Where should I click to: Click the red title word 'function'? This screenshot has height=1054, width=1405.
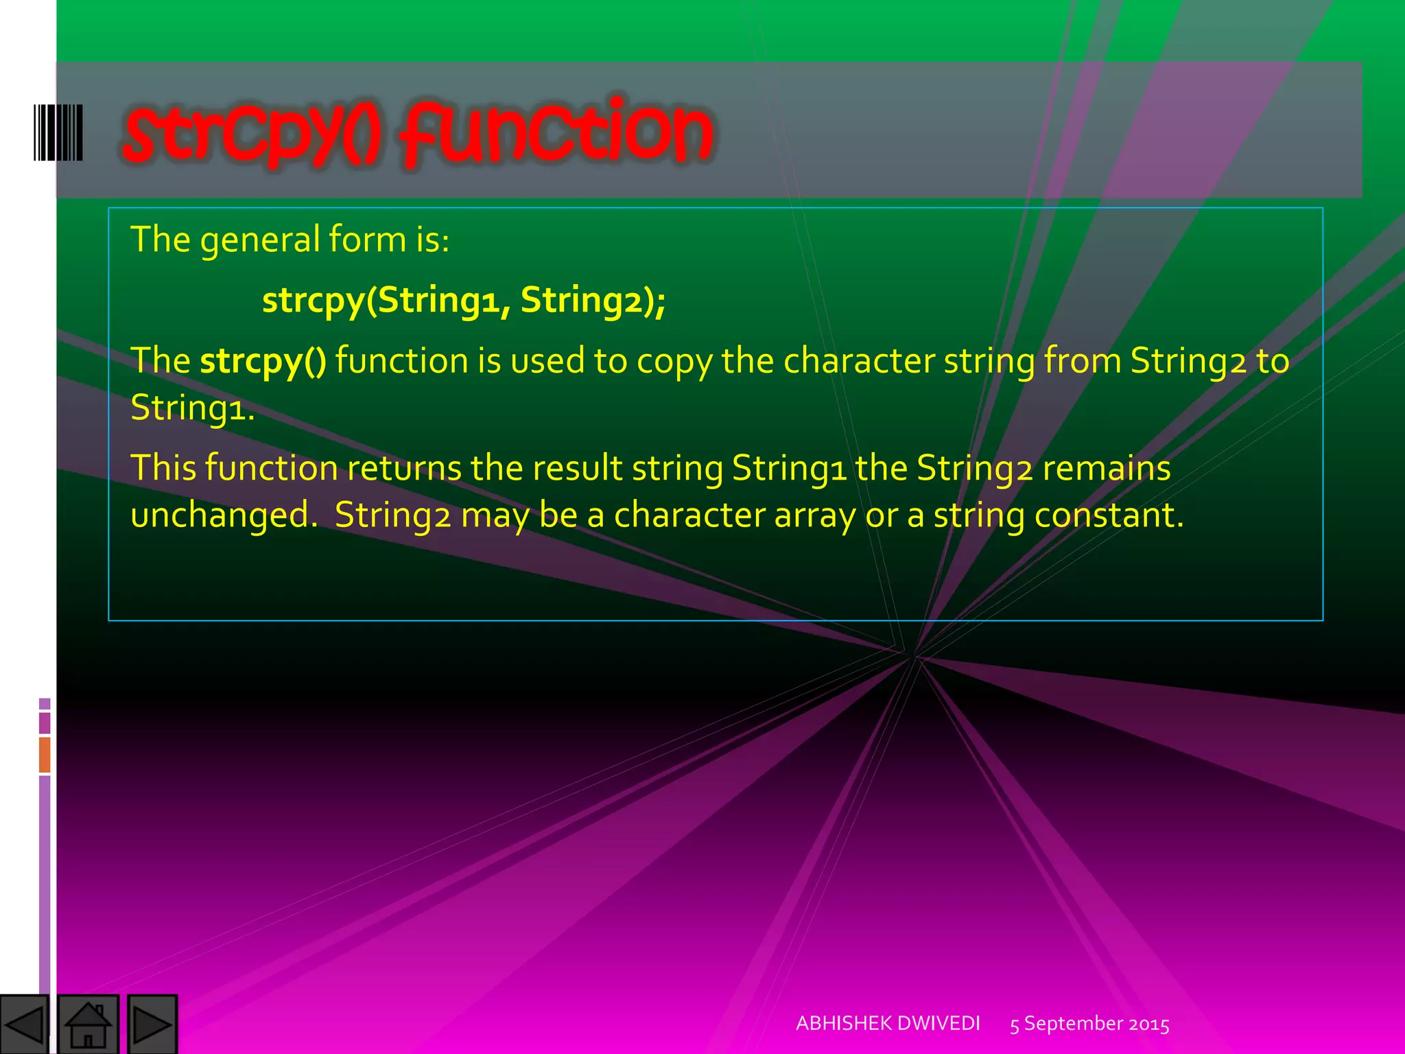557,134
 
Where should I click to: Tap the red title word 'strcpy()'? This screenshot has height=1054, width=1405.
251,134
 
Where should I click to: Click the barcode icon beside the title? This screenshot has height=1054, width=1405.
58,132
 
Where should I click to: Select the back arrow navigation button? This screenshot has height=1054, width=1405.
25,1025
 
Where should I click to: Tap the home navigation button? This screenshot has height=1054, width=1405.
88,1025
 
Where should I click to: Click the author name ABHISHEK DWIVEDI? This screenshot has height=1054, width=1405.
888,1023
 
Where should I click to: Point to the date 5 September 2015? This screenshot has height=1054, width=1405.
1089,1024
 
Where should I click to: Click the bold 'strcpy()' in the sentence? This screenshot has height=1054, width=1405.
263,361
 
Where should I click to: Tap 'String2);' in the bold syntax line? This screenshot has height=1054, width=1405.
593,300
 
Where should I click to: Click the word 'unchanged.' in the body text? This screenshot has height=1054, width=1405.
224,515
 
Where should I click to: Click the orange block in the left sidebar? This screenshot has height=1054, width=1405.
45,754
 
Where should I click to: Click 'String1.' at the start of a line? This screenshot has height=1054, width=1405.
193,408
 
